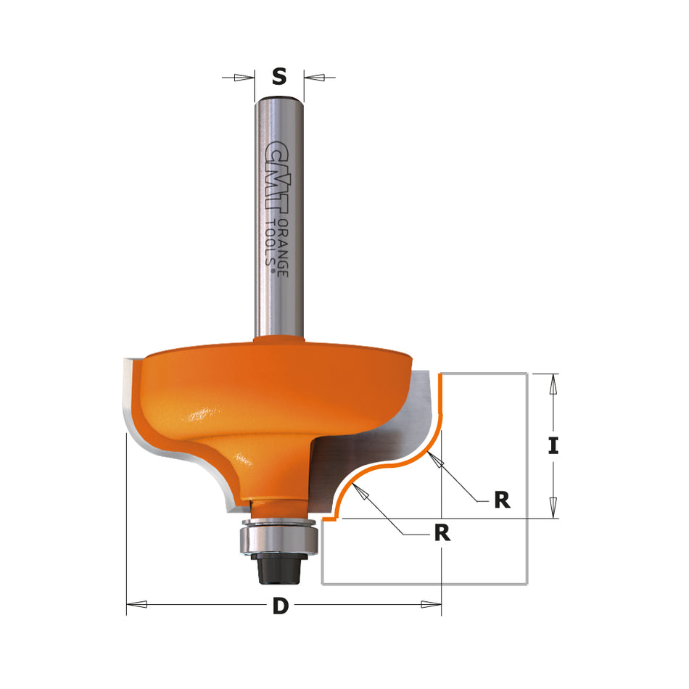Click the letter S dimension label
tap(279, 75)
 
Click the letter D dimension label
tap(280, 606)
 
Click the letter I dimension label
tap(553, 445)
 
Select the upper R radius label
tap(502, 500)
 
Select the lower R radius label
tap(442, 533)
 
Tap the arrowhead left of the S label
tap(247, 76)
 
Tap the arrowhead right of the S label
tap(313, 76)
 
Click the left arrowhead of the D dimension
tap(138, 603)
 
